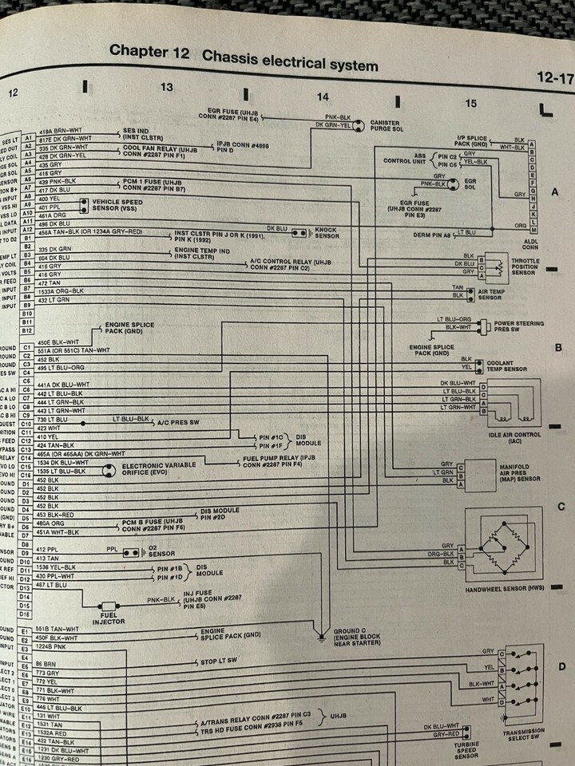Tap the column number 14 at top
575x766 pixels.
pos(322,97)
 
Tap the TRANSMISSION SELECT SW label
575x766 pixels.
pos(524,734)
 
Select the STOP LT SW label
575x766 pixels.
pos(221,661)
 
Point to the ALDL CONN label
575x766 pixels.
pos(531,244)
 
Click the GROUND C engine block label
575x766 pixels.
pos(356,635)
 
